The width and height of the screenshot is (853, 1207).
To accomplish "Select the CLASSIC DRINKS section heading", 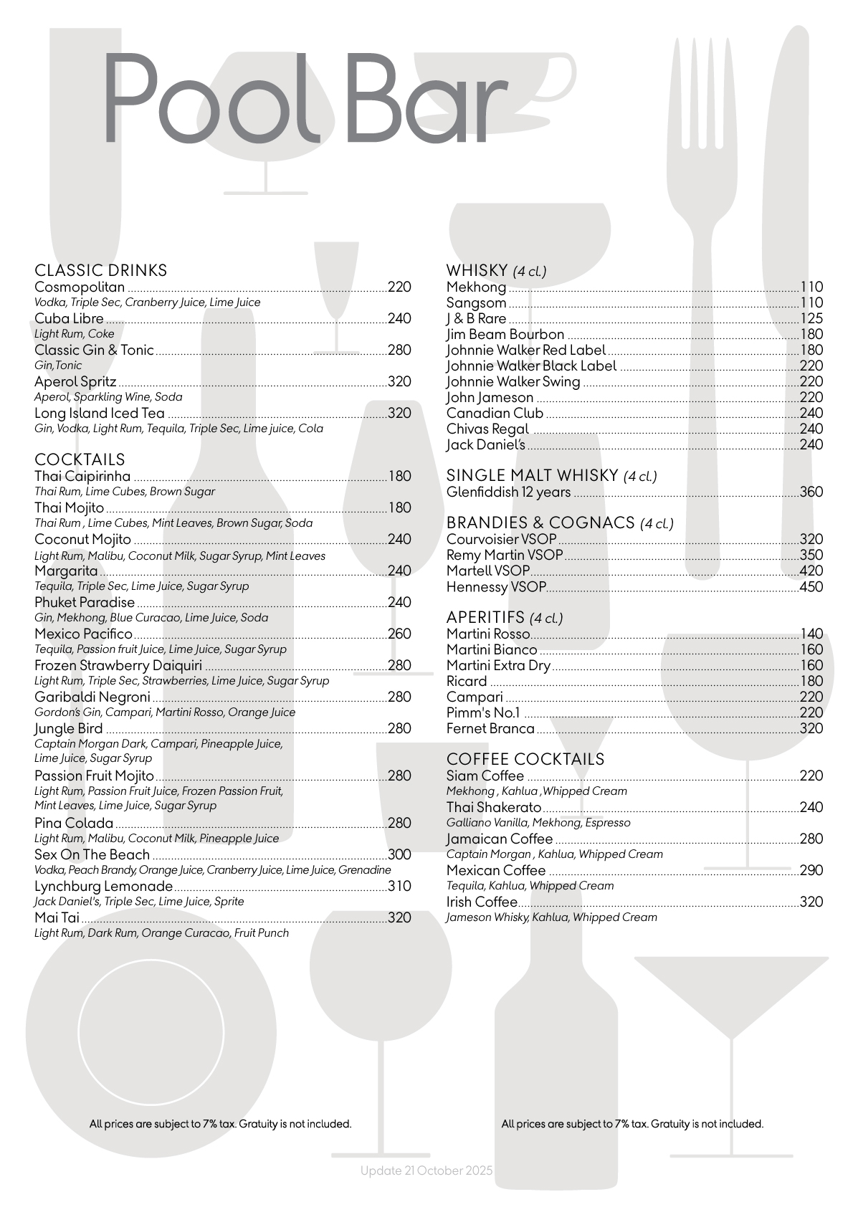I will pos(101,270).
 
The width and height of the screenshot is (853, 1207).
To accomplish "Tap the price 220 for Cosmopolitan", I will pos(399,287).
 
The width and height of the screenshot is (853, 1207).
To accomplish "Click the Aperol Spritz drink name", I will pos(75,382).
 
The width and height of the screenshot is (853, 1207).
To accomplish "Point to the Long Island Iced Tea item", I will pos(100,414).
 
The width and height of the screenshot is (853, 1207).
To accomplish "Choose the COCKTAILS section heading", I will pos(80,459).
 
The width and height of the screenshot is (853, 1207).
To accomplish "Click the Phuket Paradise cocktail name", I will pos(85,603).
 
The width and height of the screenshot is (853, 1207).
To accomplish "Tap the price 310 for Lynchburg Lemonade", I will pos(399,887).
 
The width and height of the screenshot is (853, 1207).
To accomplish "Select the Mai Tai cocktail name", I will pos(57,918).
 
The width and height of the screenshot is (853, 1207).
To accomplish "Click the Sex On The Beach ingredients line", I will pos(213,870).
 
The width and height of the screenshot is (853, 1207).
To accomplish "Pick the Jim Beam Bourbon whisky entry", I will pos(505,335).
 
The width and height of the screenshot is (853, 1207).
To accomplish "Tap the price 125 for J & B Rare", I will pos(811,319).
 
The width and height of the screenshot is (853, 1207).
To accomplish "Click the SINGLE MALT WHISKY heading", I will pos(532,475).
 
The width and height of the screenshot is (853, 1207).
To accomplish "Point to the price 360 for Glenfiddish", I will pos(811,492).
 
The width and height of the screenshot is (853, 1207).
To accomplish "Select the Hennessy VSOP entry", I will pos(496,587).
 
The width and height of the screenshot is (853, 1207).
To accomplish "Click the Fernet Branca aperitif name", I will pos(490,729).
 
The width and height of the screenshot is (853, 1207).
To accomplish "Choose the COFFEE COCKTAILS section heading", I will pos(525,759).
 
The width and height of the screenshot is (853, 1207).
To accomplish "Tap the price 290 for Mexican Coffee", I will pos(811,871).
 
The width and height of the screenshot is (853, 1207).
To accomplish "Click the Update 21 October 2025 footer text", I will pos(426,1170).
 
